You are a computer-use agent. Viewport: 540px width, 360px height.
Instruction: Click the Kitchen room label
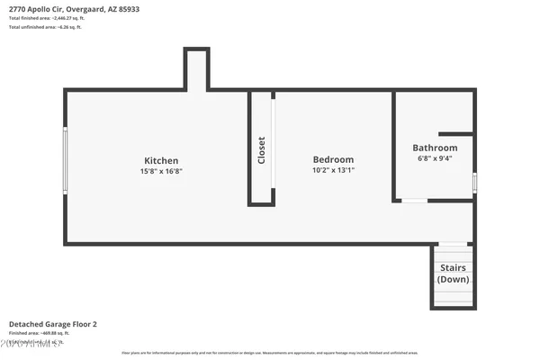point(162,161)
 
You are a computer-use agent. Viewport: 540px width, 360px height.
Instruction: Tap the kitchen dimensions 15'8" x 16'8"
point(162,171)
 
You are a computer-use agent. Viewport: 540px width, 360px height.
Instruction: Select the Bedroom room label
point(333,159)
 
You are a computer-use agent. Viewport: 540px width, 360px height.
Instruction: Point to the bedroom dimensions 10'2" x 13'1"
point(333,170)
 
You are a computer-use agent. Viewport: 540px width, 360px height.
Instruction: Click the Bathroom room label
point(435,148)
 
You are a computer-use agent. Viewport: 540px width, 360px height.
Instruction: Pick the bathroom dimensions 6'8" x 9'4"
point(435,158)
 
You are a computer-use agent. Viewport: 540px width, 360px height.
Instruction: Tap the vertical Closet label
point(262,148)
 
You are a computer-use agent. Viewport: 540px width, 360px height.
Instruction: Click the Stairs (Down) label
point(453,274)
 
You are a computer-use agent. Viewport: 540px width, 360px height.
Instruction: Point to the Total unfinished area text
point(45,27)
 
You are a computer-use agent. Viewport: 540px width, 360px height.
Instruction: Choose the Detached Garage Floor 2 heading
point(52,323)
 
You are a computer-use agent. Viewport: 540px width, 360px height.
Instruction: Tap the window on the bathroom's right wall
point(474,182)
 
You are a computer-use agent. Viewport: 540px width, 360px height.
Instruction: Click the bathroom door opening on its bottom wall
point(414,200)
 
